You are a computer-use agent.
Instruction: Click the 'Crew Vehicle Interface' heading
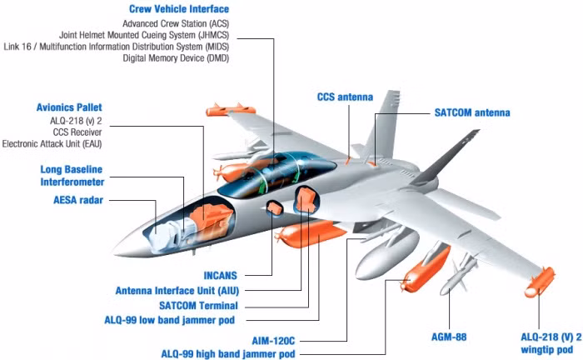[179, 9]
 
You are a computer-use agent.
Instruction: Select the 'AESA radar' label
[78, 200]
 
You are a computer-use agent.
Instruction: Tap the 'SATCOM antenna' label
[472, 112]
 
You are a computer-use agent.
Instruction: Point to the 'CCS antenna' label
[345, 97]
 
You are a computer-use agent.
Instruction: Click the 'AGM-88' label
[449, 337]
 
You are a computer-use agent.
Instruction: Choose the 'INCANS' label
[220, 276]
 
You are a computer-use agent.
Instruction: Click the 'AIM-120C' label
[273, 341]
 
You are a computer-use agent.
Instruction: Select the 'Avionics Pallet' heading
[69, 107]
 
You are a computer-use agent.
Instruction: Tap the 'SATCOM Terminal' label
[198, 306]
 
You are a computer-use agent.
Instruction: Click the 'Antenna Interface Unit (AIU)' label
[177, 291]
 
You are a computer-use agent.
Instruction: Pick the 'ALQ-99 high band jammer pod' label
[228, 353]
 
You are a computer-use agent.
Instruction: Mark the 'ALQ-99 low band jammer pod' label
[170, 320]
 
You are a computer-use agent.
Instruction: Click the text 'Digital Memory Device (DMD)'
[176, 58]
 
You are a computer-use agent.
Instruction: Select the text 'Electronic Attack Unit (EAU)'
[52, 144]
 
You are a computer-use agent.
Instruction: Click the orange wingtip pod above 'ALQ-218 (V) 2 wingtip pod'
[540, 282]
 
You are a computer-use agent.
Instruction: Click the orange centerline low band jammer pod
[311, 233]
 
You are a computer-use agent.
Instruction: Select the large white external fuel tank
[386, 253]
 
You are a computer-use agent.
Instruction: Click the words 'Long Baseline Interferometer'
[72, 176]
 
